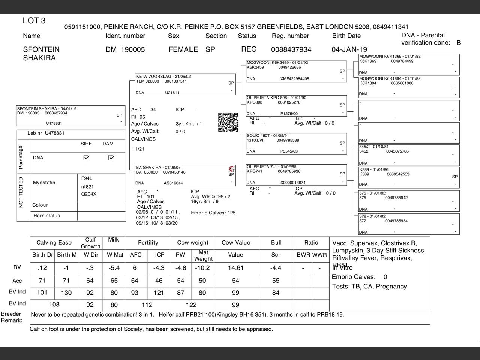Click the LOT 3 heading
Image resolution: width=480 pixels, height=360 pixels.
pyautogui.click(x=34, y=21)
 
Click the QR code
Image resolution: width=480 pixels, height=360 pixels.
pyautogui.click(x=228, y=122)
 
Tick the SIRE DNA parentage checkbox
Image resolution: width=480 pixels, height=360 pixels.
pyautogui.click(x=86, y=158)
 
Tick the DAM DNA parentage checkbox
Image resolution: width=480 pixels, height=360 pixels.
pyautogui.click(x=111, y=158)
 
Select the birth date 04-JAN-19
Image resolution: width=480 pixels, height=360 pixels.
pyautogui.click(x=349, y=49)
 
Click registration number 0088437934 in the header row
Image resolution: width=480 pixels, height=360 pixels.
pyautogui.click(x=291, y=49)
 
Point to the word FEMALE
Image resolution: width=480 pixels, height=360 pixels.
pyautogui.click(x=183, y=49)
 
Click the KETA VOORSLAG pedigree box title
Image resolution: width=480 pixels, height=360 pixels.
pyautogui.click(x=163, y=76)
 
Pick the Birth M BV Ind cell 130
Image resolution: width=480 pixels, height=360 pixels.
pyautogui.click(x=66, y=292)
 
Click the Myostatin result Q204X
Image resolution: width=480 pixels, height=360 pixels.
pyautogui.click(x=89, y=194)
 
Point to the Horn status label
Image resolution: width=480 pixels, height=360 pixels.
pyautogui.click(x=46, y=216)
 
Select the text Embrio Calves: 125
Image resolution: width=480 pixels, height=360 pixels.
pyautogui.click(x=213, y=213)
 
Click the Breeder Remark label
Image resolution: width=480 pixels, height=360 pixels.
pyautogui.click(x=11, y=317)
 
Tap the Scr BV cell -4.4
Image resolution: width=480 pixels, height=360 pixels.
pyautogui.click(x=276, y=268)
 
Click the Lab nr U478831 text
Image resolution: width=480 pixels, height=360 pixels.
pyautogui.click(x=46, y=133)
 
